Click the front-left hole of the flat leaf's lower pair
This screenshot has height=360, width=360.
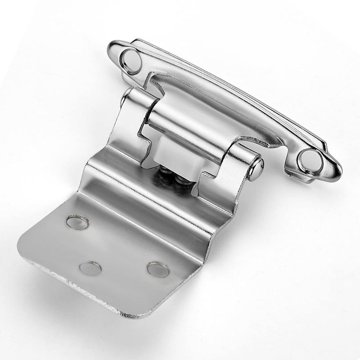click(x=90, y=269)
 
